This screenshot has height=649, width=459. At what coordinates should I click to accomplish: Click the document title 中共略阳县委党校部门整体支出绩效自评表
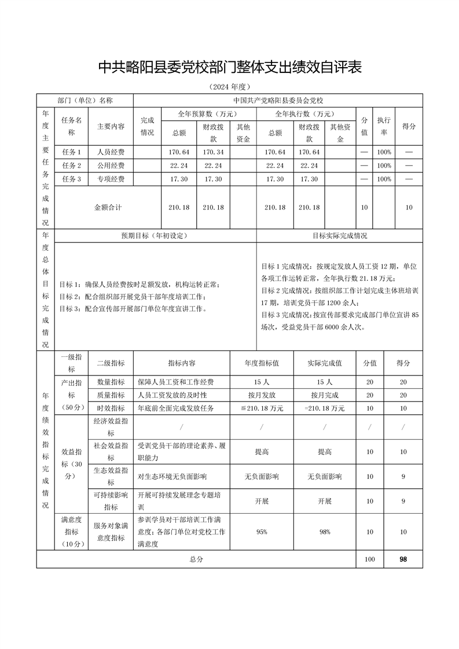click(x=230, y=67)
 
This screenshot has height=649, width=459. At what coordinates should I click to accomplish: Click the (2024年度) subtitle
click(x=229, y=87)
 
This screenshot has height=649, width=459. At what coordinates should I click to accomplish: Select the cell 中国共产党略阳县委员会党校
click(x=277, y=100)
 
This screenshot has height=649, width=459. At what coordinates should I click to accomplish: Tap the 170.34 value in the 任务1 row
click(x=213, y=152)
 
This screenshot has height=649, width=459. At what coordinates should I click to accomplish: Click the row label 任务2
click(x=71, y=165)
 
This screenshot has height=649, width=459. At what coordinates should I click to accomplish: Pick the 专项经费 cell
click(x=111, y=179)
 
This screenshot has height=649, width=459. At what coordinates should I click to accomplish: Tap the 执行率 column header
click(x=383, y=126)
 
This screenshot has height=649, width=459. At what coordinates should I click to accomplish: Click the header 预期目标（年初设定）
click(x=154, y=235)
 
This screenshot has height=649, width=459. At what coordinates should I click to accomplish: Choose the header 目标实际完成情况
click(x=340, y=235)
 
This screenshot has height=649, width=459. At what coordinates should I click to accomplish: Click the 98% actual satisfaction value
click(x=324, y=532)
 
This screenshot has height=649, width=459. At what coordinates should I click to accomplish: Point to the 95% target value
click(x=262, y=532)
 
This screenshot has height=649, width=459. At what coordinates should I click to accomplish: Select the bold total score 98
click(x=403, y=559)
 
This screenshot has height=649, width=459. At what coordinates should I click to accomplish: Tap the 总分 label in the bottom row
click(x=196, y=559)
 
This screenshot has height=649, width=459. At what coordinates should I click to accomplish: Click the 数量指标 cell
click(x=111, y=382)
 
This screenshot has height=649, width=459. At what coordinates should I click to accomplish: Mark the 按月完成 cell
click(x=324, y=394)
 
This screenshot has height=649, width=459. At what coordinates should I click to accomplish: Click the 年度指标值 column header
click(x=262, y=363)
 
